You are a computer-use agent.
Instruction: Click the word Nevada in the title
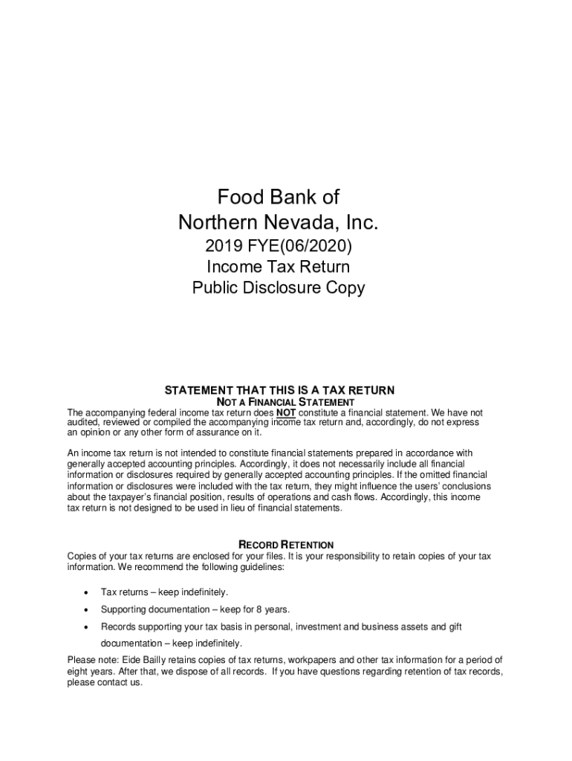pyautogui.click(x=311, y=221)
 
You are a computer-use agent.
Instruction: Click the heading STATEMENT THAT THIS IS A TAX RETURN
pyautogui.click(x=279, y=390)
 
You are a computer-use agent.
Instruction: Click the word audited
pyautogui.click(x=85, y=422)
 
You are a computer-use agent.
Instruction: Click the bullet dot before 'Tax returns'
pyautogui.click(x=87, y=593)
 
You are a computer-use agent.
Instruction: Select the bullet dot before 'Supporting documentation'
pyautogui.click(x=87, y=610)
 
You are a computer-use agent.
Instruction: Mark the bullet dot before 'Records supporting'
pyautogui.click(x=87, y=627)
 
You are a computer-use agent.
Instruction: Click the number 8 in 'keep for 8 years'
pyautogui.click(x=256, y=609)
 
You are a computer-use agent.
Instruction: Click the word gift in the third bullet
pyautogui.click(x=455, y=626)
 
